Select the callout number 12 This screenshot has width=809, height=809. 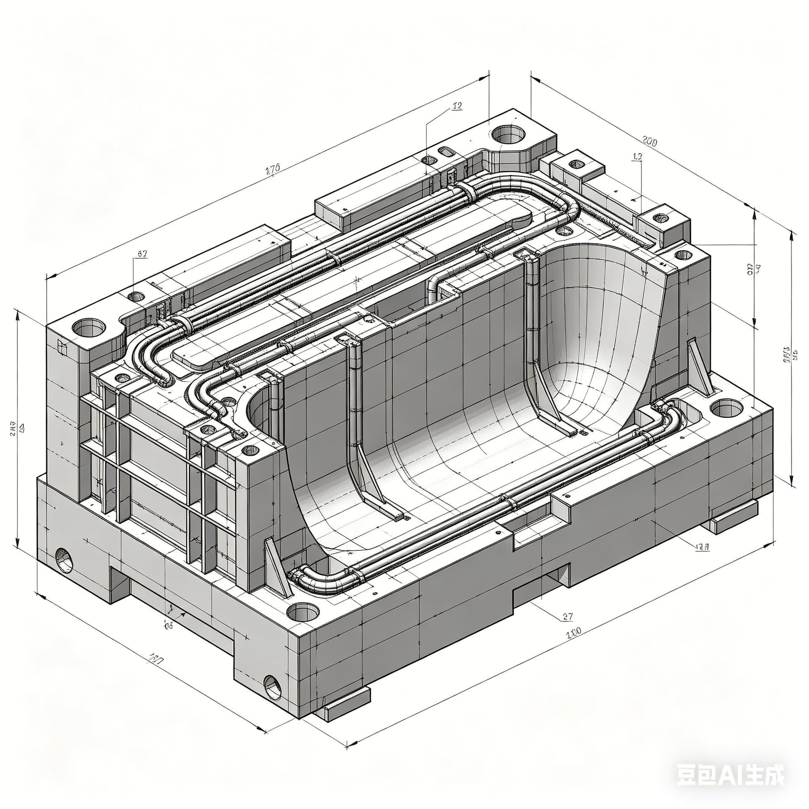(x=457, y=106)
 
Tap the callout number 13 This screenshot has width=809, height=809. (x=638, y=157)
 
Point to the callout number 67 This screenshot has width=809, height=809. (x=142, y=254)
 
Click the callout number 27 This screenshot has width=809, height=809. (x=568, y=616)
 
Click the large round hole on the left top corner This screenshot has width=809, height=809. (x=89, y=327)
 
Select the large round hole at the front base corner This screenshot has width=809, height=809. (x=303, y=611)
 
